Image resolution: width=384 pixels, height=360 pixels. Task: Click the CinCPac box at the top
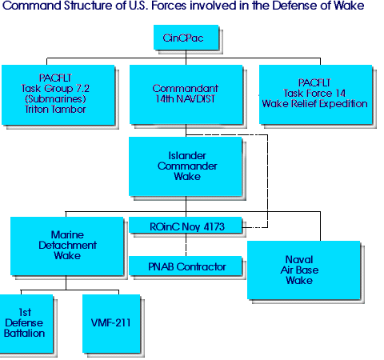click(x=186, y=38)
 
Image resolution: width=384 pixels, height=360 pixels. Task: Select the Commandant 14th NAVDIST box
click(x=186, y=94)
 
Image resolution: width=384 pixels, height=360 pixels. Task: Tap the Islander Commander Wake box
click(x=186, y=166)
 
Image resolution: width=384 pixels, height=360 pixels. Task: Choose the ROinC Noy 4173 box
click(x=186, y=225)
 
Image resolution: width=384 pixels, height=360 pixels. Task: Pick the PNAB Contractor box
click(x=186, y=266)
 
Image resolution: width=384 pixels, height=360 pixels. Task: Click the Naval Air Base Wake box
click(x=304, y=270)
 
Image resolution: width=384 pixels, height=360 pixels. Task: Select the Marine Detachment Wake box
click(x=67, y=246)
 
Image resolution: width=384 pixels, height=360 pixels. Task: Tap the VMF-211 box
click(x=111, y=324)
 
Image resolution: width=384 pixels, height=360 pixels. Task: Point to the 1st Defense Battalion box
click(x=26, y=324)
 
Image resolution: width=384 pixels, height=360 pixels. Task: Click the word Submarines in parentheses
click(x=55, y=99)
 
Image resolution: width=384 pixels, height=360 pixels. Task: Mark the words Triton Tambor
click(x=55, y=110)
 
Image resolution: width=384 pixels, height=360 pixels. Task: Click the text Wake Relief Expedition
click(x=314, y=104)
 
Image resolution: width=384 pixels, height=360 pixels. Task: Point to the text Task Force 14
click(x=314, y=94)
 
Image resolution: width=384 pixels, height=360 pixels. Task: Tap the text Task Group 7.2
click(x=55, y=89)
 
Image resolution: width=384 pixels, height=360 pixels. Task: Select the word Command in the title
click(x=32, y=6)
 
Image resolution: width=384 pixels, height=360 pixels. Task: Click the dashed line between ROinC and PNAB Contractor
click(x=186, y=245)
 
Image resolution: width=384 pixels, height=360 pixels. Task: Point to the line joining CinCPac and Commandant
click(x=186, y=58)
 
